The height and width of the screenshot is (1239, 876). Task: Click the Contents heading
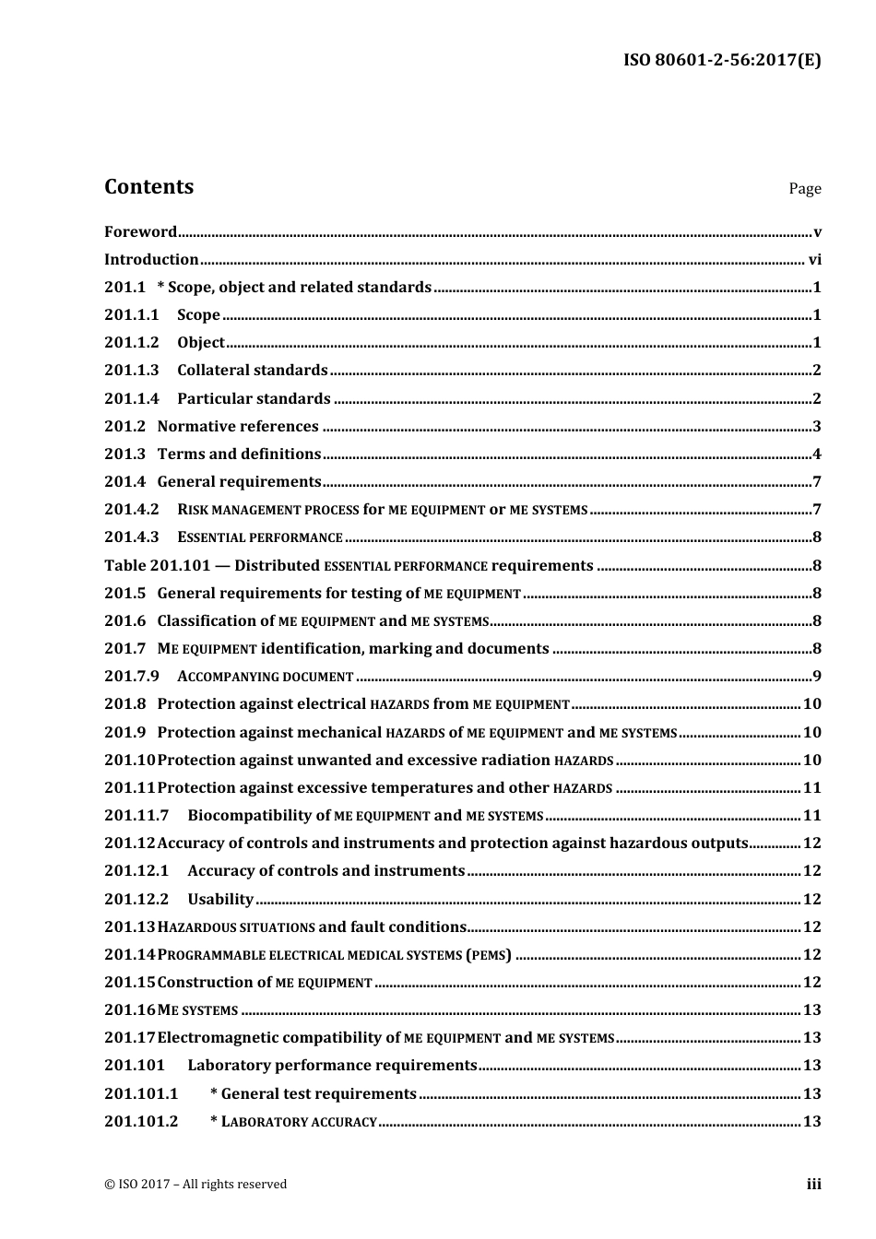pos(148,186)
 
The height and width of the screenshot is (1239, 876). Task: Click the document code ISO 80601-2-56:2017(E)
pos(722,61)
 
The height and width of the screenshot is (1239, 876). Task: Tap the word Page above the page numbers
pos(804,189)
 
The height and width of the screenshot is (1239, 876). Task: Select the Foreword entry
pos(140,231)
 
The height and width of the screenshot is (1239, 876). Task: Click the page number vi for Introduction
pos(814,260)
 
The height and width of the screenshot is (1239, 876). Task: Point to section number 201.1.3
pos(132,371)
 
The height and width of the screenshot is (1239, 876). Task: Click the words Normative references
pos(238,426)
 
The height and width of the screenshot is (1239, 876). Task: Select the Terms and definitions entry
pos(239,454)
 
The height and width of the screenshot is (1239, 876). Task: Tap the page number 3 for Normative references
pos(816,427)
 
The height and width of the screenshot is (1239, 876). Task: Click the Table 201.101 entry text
pos(348,565)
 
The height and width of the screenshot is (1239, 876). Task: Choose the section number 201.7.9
pos(132,677)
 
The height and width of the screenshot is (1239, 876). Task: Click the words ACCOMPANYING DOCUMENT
pos(266,677)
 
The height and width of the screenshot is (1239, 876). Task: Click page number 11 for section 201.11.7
pos(811,815)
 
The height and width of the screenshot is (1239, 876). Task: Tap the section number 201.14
pos(129,954)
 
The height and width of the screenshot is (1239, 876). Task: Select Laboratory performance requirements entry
pos(332,1066)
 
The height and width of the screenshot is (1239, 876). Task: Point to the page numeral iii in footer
pos(813,1185)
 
